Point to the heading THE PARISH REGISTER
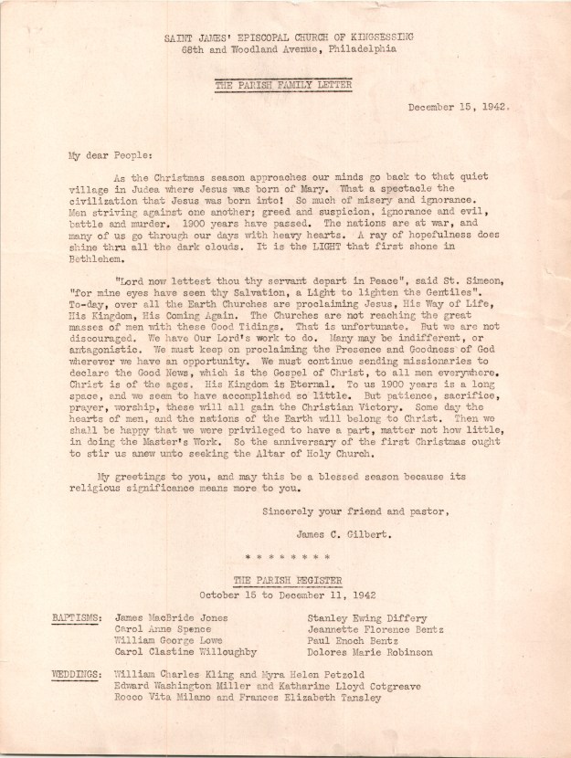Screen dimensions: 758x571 click(x=284, y=580)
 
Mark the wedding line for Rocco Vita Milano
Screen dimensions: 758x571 click(x=247, y=699)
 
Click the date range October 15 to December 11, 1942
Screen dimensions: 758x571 click(x=284, y=592)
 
